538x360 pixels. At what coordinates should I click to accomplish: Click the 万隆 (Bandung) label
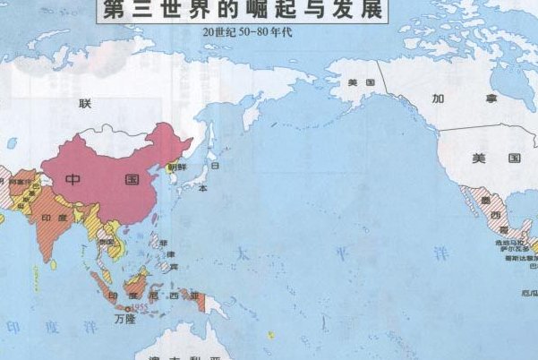[x=124, y=318]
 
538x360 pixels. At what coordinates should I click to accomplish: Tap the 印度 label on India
[x=55, y=217]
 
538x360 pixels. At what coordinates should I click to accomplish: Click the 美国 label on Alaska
[x=361, y=82]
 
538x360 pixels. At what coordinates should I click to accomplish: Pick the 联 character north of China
[x=85, y=103]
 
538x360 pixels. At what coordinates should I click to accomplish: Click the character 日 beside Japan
[x=215, y=165]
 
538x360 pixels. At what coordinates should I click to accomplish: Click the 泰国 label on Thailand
[x=107, y=242]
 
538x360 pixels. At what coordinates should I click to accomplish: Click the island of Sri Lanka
[x=56, y=264]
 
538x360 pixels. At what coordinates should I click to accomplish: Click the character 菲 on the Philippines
[x=162, y=243]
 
